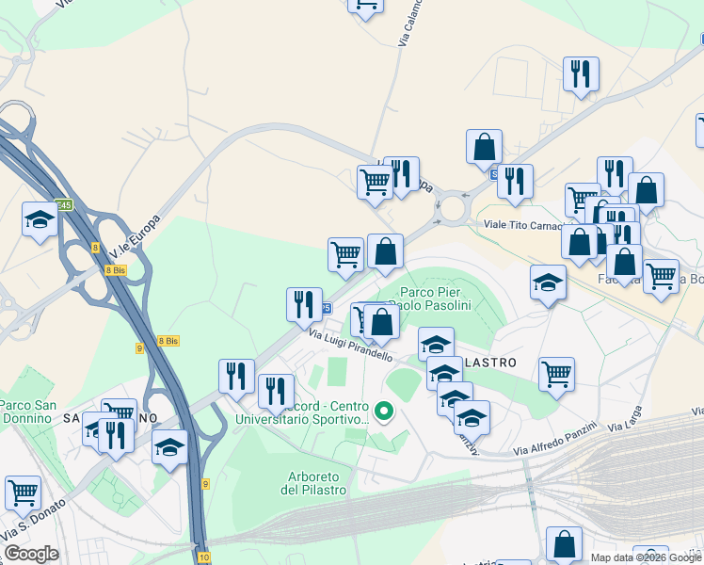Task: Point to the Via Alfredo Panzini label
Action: pos(557,444)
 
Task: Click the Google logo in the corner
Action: pos(31,554)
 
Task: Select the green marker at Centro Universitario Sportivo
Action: pos(383,411)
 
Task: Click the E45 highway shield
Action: pos(63,205)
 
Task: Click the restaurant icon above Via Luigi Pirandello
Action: pos(304,303)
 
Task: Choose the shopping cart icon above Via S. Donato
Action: pos(23,491)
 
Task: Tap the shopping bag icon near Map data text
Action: pos(564,542)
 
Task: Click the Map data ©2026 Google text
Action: pos(646,557)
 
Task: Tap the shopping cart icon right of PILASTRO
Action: pos(556,373)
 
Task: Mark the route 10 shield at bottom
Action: pos(204,557)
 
